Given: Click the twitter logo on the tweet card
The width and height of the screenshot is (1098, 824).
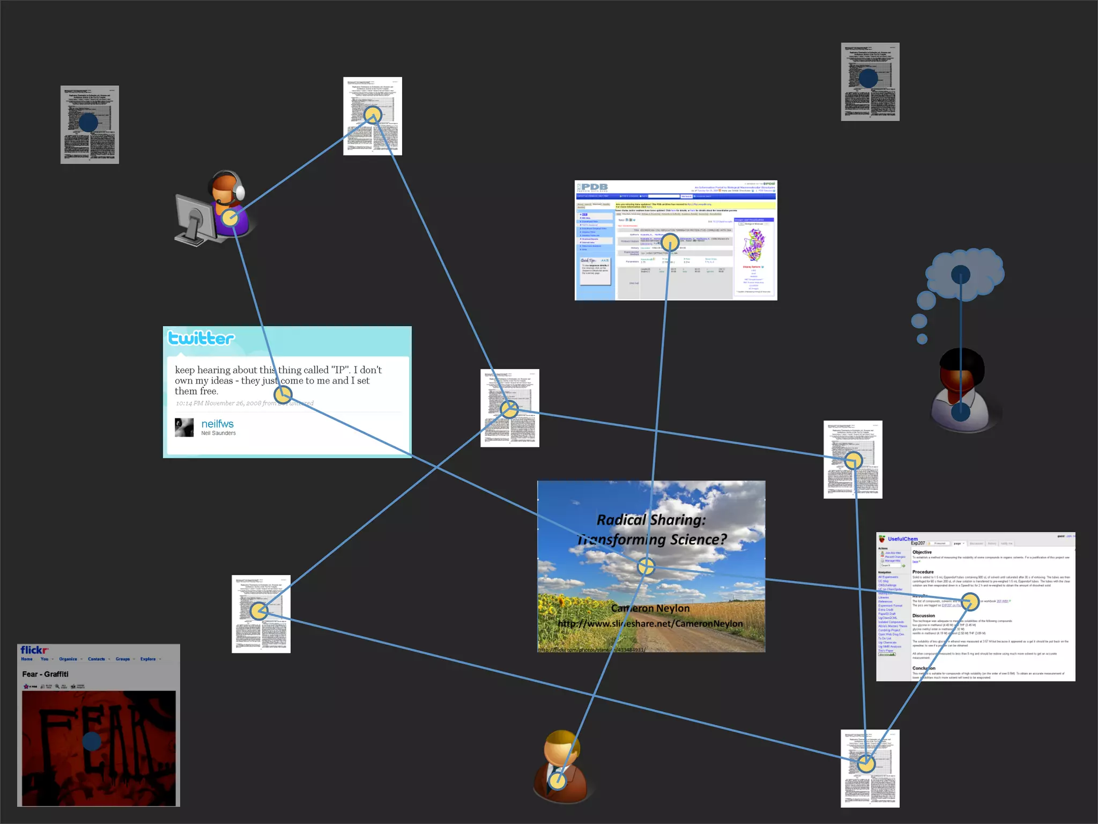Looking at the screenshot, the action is (x=201, y=339).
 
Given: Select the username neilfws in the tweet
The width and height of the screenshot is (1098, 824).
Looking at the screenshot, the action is (x=217, y=424).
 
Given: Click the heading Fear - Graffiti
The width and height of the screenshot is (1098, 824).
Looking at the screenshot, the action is (x=46, y=674).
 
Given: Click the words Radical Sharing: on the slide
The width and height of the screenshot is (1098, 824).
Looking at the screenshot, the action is (x=651, y=520).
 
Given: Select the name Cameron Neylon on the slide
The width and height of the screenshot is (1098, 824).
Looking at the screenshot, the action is (x=650, y=608).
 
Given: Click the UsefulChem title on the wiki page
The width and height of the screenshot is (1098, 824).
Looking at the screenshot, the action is (x=902, y=539).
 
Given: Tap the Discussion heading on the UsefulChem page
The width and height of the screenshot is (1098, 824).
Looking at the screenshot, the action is (x=923, y=616).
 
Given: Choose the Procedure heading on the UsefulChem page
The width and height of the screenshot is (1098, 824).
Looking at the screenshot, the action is (x=923, y=572).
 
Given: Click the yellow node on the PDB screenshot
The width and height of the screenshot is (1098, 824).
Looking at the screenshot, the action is (x=670, y=243).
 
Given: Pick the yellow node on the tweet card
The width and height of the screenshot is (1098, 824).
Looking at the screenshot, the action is (x=283, y=395).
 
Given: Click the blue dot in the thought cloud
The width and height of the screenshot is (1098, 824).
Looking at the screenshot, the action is (x=960, y=275).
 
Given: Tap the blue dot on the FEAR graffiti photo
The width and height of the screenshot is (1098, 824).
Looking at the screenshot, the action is (x=92, y=741).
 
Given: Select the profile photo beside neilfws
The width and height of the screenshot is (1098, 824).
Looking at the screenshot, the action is (x=184, y=428).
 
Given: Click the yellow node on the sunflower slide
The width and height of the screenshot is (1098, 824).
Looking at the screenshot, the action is (x=646, y=566).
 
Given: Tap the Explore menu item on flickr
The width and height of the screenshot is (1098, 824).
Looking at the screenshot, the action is (x=148, y=659).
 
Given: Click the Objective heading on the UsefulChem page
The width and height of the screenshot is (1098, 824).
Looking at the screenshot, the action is (x=922, y=552).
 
